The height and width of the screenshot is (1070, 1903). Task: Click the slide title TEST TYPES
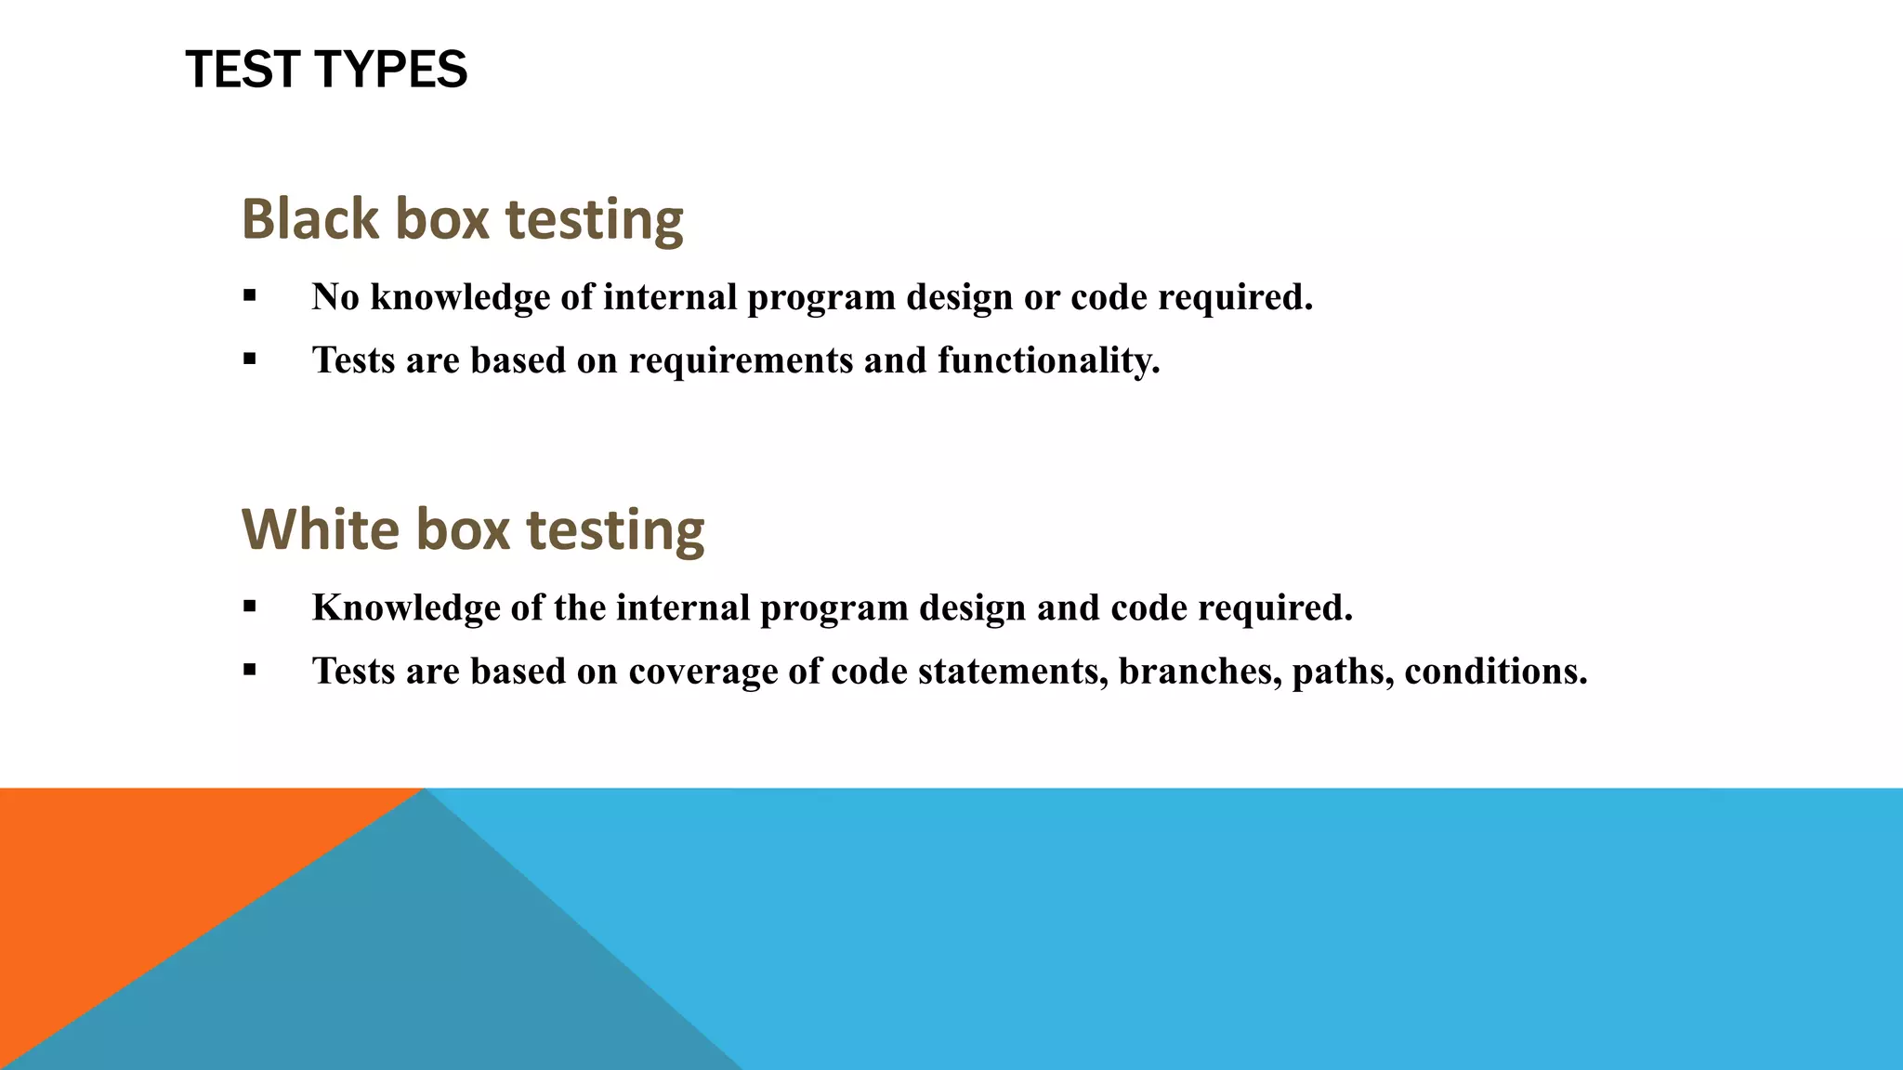[x=326, y=70]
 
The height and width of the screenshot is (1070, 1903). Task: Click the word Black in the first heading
[x=310, y=219]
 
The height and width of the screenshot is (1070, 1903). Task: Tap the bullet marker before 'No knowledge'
[x=249, y=296]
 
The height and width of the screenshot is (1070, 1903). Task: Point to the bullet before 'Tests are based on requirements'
[x=249, y=359]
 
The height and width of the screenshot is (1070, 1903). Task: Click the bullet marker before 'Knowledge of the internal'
[x=249, y=607]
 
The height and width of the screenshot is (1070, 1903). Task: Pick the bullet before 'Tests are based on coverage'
[x=249, y=671]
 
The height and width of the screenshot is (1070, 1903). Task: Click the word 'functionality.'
[x=1049, y=360]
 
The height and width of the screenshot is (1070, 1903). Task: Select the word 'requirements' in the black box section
[x=741, y=360]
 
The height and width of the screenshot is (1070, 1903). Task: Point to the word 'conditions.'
[x=1496, y=672]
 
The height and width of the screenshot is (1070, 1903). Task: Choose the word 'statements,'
[x=1013, y=672]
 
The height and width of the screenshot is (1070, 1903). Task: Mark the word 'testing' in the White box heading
[x=615, y=529]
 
